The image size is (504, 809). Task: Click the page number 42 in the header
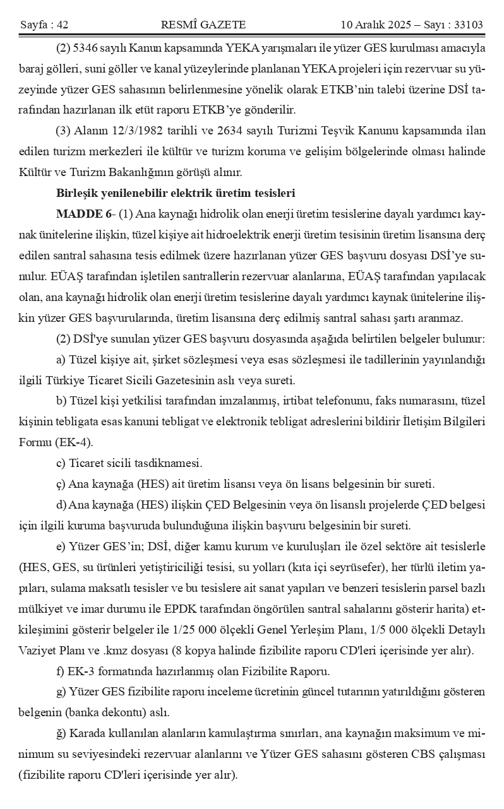tap(62, 25)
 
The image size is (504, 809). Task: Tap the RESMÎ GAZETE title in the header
tap(203, 25)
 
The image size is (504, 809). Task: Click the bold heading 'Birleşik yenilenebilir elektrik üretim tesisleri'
tap(175, 192)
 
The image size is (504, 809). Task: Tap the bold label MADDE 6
tap(79, 213)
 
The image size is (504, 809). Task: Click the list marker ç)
tap(61, 484)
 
